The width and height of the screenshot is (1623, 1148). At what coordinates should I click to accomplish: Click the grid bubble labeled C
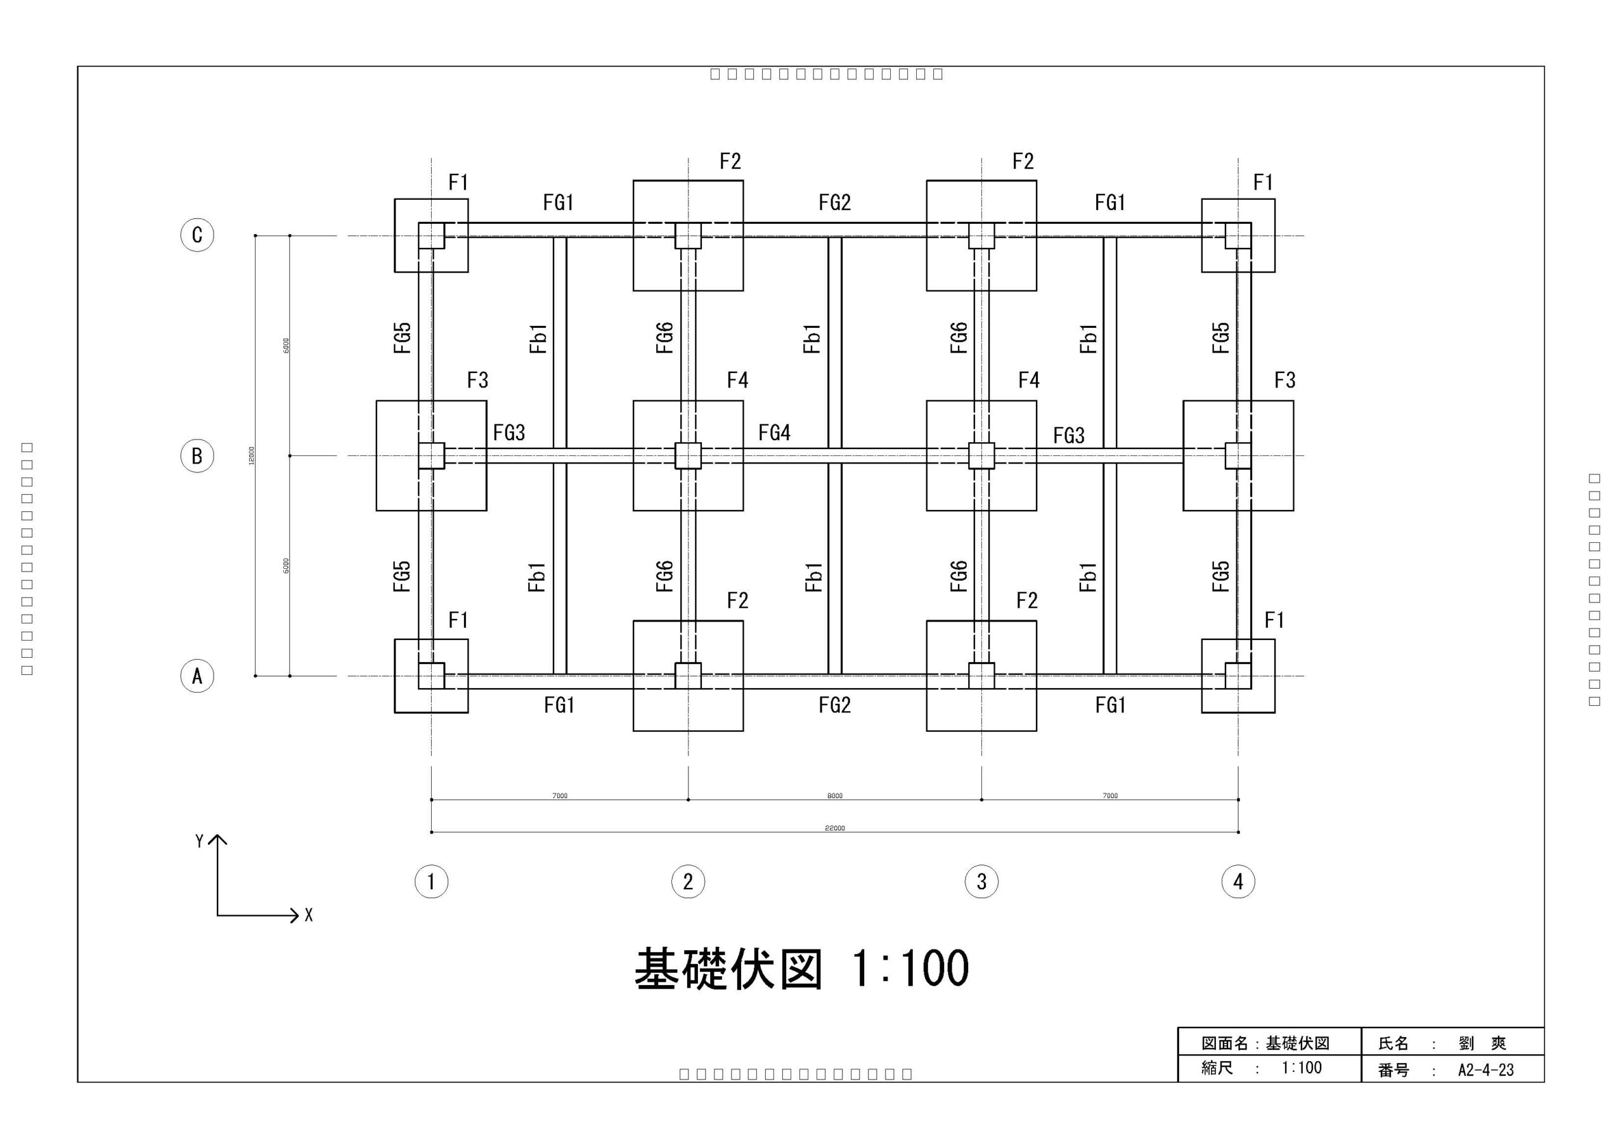click(197, 235)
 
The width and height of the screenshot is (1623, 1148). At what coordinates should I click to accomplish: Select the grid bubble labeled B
click(197, 455)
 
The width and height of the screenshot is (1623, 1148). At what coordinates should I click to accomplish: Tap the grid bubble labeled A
click(197, 676)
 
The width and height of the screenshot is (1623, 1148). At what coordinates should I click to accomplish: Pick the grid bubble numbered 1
click(431, 882)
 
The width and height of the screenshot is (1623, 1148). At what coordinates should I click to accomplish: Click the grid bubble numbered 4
click(1238, 882)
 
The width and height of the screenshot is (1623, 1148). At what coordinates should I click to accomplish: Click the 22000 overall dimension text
click(834, 828)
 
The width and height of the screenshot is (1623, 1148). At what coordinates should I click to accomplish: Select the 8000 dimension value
click(834, 796)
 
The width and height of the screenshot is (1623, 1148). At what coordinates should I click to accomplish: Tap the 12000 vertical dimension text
click(252, 455)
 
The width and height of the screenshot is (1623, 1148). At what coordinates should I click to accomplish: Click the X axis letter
click(308, 915)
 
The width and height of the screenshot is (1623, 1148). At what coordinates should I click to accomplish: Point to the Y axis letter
click(199, 841)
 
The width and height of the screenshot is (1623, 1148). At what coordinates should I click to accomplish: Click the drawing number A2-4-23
click(1485, 1070)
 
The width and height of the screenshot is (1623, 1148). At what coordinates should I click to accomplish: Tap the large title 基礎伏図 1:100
click(801, 969)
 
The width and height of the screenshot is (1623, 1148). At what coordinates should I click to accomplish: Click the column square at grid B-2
click(688, 455)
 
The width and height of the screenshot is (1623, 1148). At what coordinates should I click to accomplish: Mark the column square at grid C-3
click(981, 235)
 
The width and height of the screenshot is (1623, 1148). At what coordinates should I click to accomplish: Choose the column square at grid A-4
click(1238, 675)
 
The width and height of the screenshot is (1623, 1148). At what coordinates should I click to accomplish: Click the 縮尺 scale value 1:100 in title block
click(1302, 1068)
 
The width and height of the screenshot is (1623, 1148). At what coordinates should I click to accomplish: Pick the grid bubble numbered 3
click(981, 882)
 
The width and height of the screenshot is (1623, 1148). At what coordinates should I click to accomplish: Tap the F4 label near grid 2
click(737, 381)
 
